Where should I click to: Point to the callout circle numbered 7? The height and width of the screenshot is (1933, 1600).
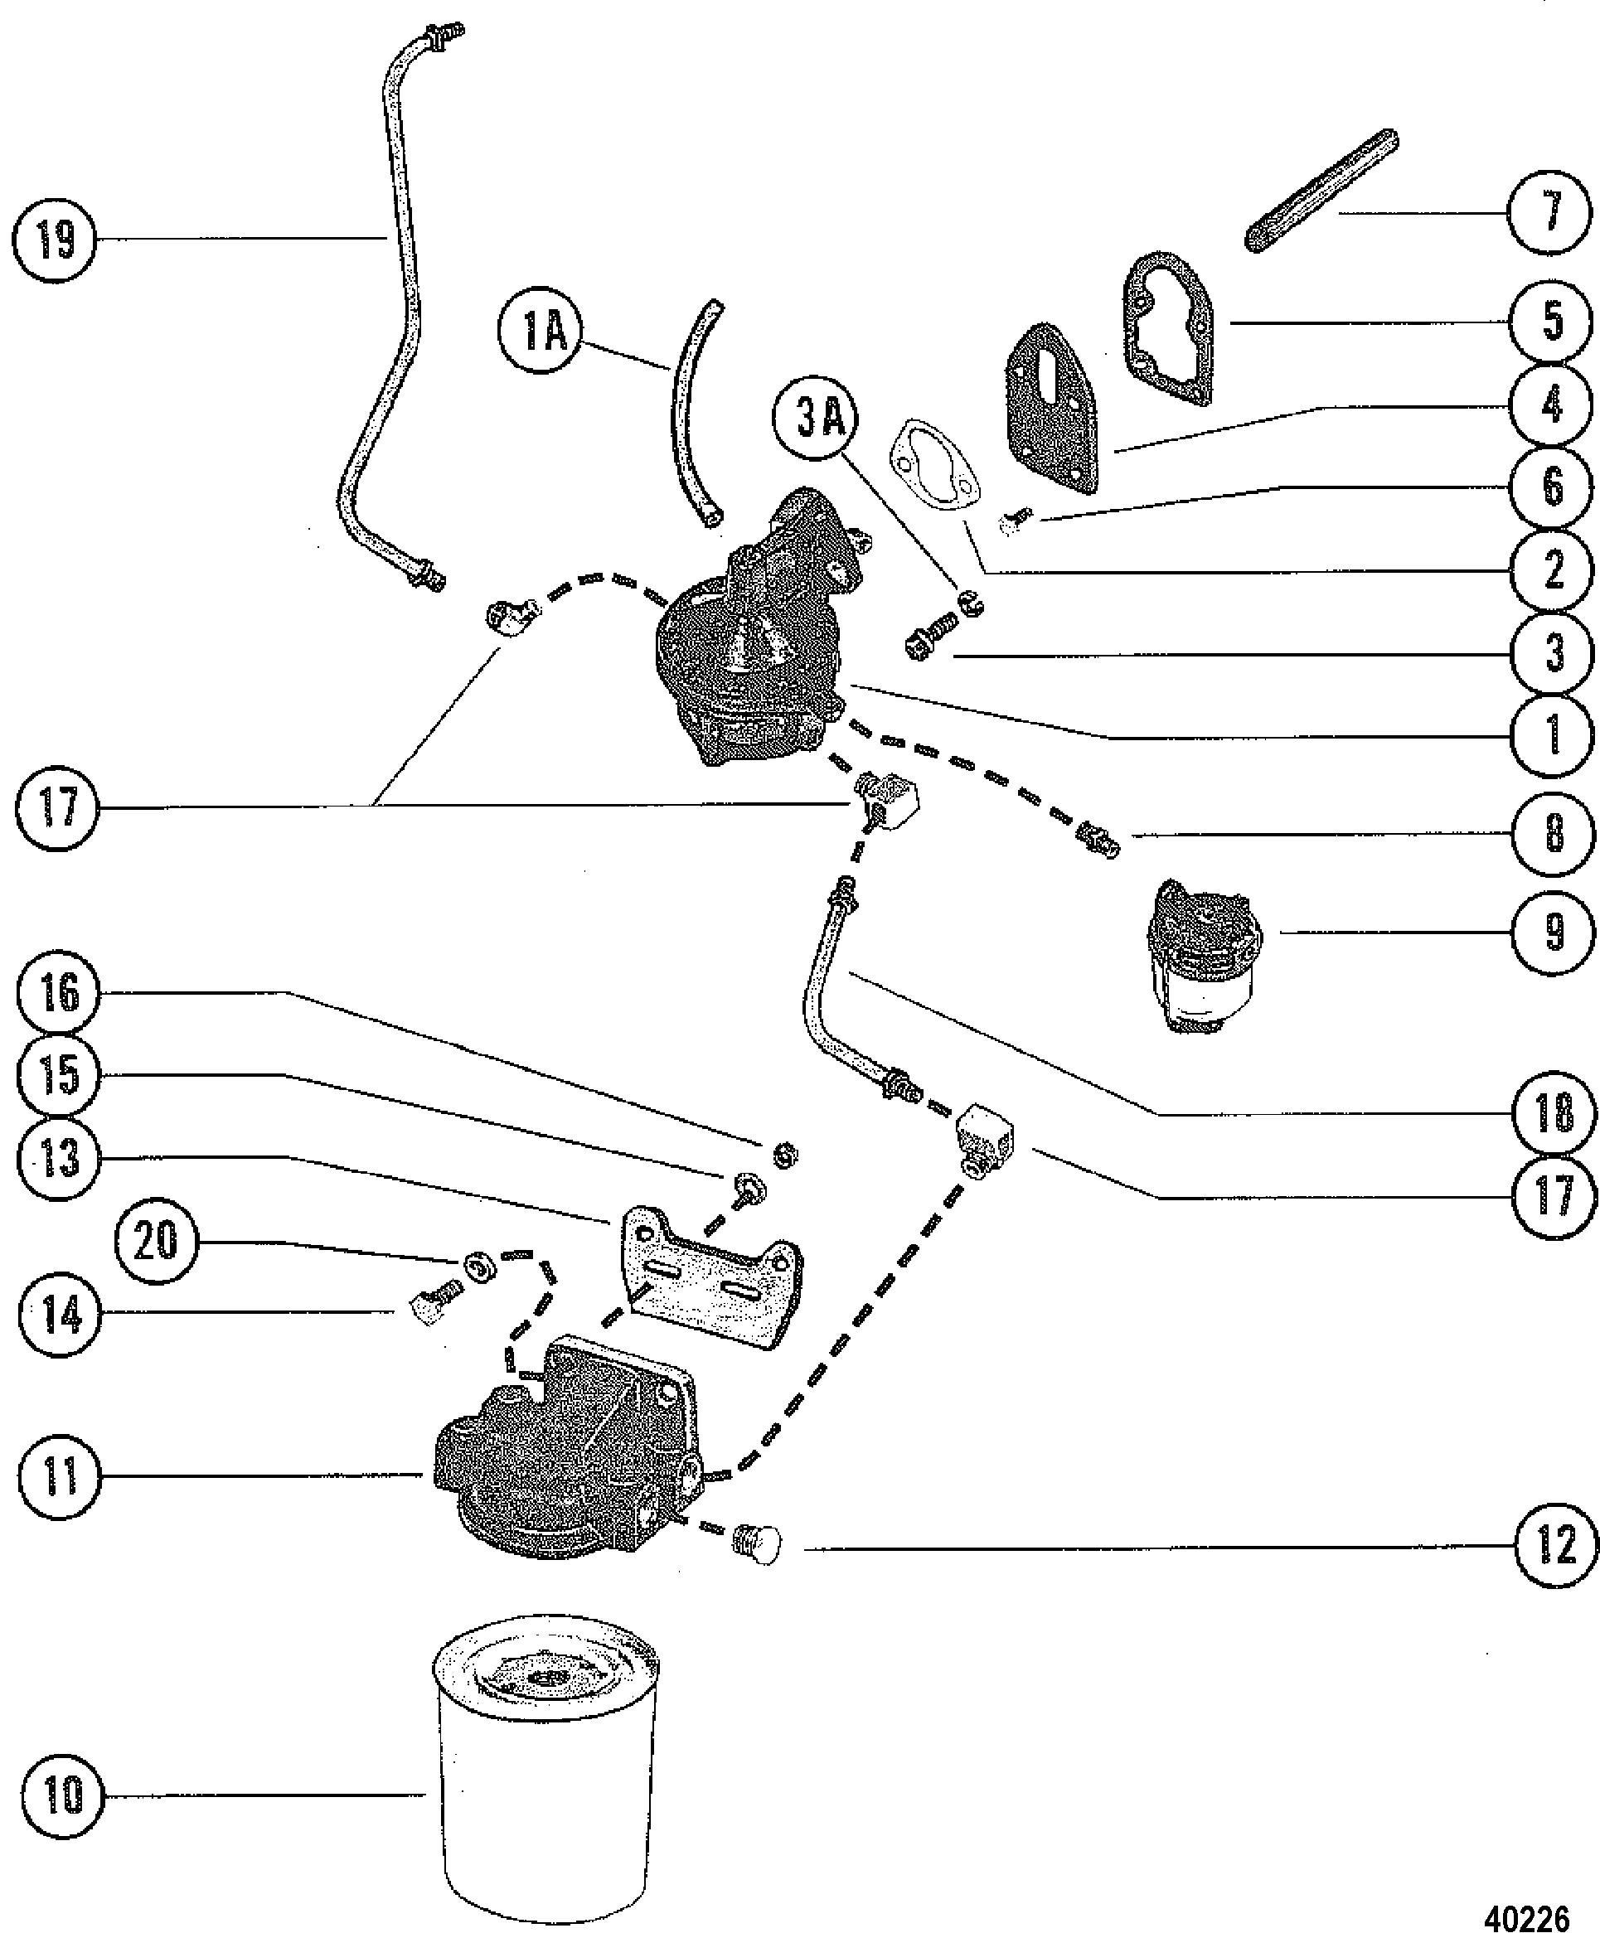click(x=1550, y=214)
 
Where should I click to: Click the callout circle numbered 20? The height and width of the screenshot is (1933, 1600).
click(x=156, y=1241)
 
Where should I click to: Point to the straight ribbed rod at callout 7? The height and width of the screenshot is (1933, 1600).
click(x=1322, y=190)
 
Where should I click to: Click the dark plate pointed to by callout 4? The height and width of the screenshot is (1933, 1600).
click(x=1053, y=409)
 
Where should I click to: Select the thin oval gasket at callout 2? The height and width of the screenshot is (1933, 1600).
click(x=934, y=466)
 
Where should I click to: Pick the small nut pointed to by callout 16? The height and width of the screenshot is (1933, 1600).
click(x=783, y=1155)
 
